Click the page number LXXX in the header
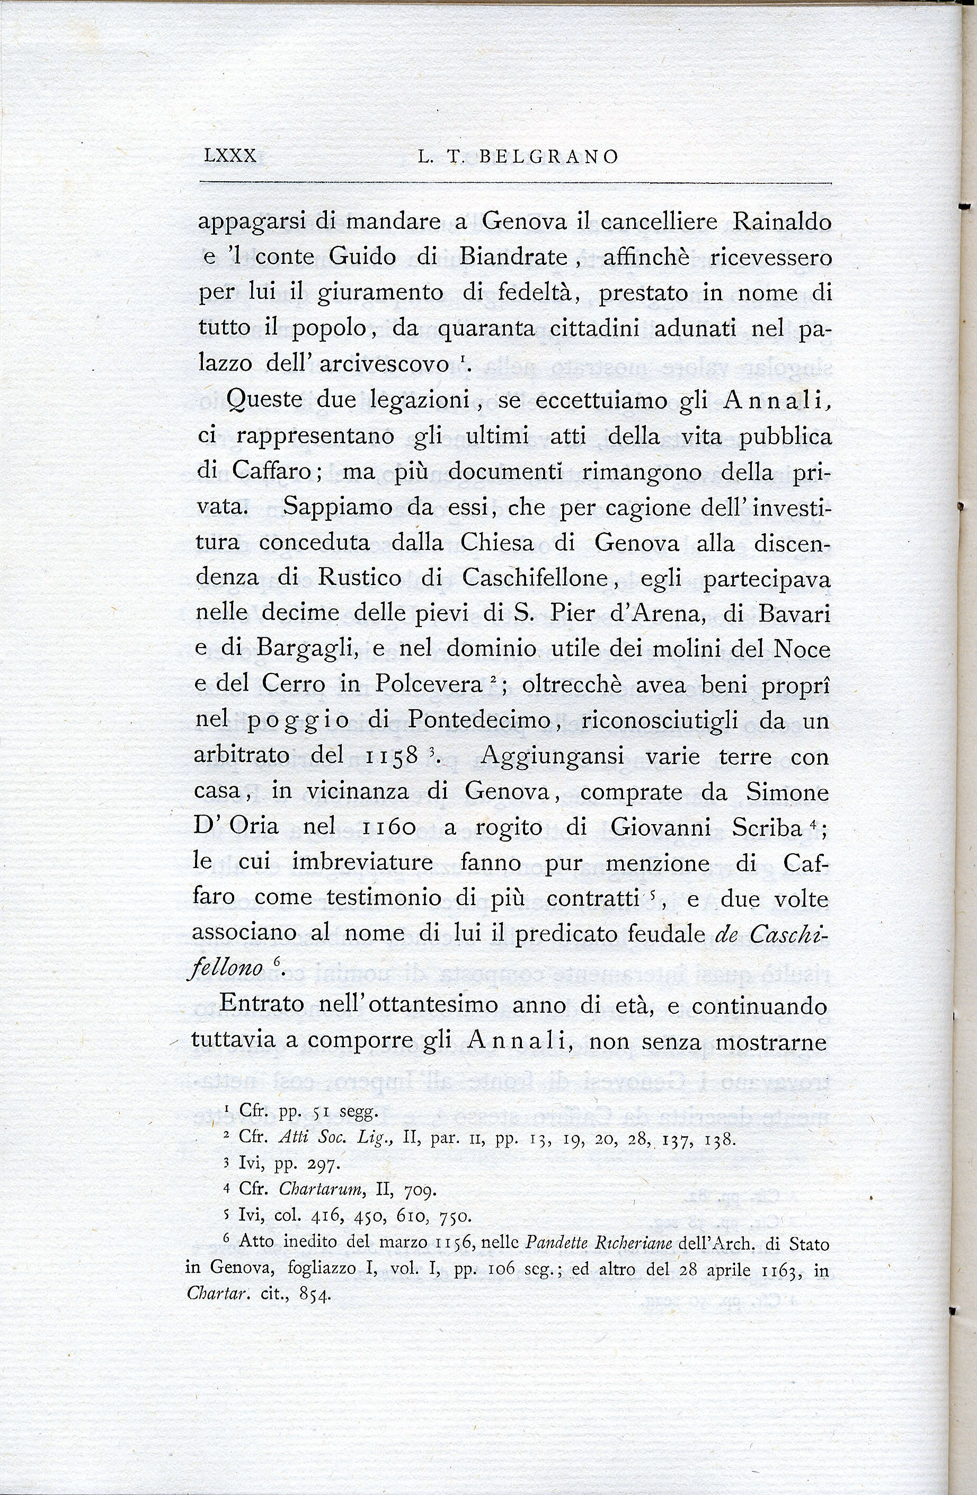[230, 156]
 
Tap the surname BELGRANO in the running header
[548, 157]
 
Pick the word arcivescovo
[386, 364]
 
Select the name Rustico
[359, 577]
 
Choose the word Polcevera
[428, 684]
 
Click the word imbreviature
[362, 862]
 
